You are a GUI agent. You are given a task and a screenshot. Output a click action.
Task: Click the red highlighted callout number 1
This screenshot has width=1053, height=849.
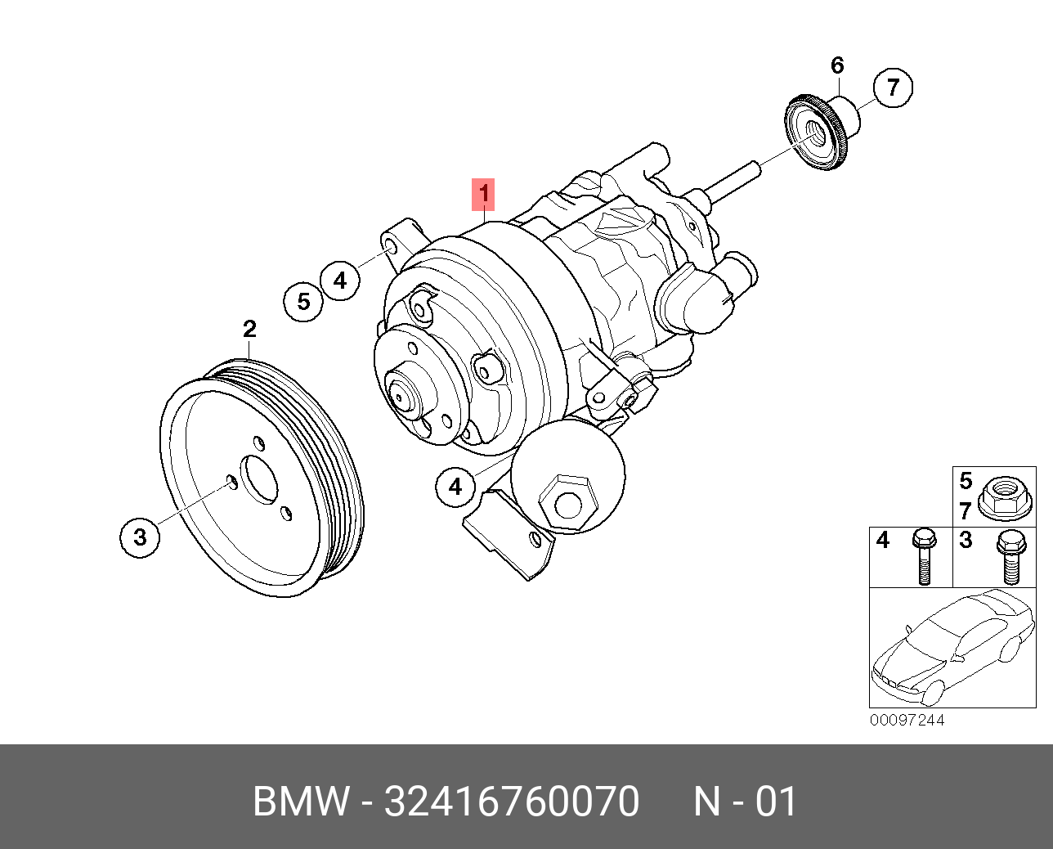pyautogui.click(x=483, y=194)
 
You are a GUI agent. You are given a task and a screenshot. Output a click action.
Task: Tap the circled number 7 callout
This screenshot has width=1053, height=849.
pyautogui.click(x=893, y=87)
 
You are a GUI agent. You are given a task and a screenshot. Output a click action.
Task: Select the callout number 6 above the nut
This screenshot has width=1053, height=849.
pyautogui.click(x=836, y=65)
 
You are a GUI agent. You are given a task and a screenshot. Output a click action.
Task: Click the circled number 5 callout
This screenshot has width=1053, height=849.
pyautogui.click(x=303, y=302)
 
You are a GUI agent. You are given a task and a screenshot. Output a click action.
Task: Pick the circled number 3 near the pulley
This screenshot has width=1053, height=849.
pyautogui.click(x=140, y=537)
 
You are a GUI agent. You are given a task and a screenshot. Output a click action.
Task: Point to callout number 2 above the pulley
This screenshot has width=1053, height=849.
pyautogui.click(x=249, y=329)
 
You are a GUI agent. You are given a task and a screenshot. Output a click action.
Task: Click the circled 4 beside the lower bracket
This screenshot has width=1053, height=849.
pyautogui.click(x=455, y=487)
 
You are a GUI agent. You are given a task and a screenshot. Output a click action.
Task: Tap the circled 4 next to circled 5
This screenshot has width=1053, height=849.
pyautogui.click(x=340, y=281)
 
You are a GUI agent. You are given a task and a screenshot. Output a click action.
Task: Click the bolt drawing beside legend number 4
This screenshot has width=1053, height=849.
pyautogui.click(x=924, y=556)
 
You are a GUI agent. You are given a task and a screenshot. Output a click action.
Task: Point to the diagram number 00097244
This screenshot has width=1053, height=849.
pyautogui.click(x=907, y=720)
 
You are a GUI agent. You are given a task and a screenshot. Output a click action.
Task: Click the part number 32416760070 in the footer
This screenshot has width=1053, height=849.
pyautogui.click(x=512, y=802)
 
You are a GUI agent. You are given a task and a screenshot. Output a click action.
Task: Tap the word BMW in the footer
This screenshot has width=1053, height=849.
pyautogui.click(x=301, y=802)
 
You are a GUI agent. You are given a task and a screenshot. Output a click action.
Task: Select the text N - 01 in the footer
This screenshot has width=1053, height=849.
pyautogui.click(x=745, y=802)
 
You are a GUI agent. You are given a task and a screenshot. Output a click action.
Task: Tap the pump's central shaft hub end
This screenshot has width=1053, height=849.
pyautogui.click(x=401, y=394)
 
